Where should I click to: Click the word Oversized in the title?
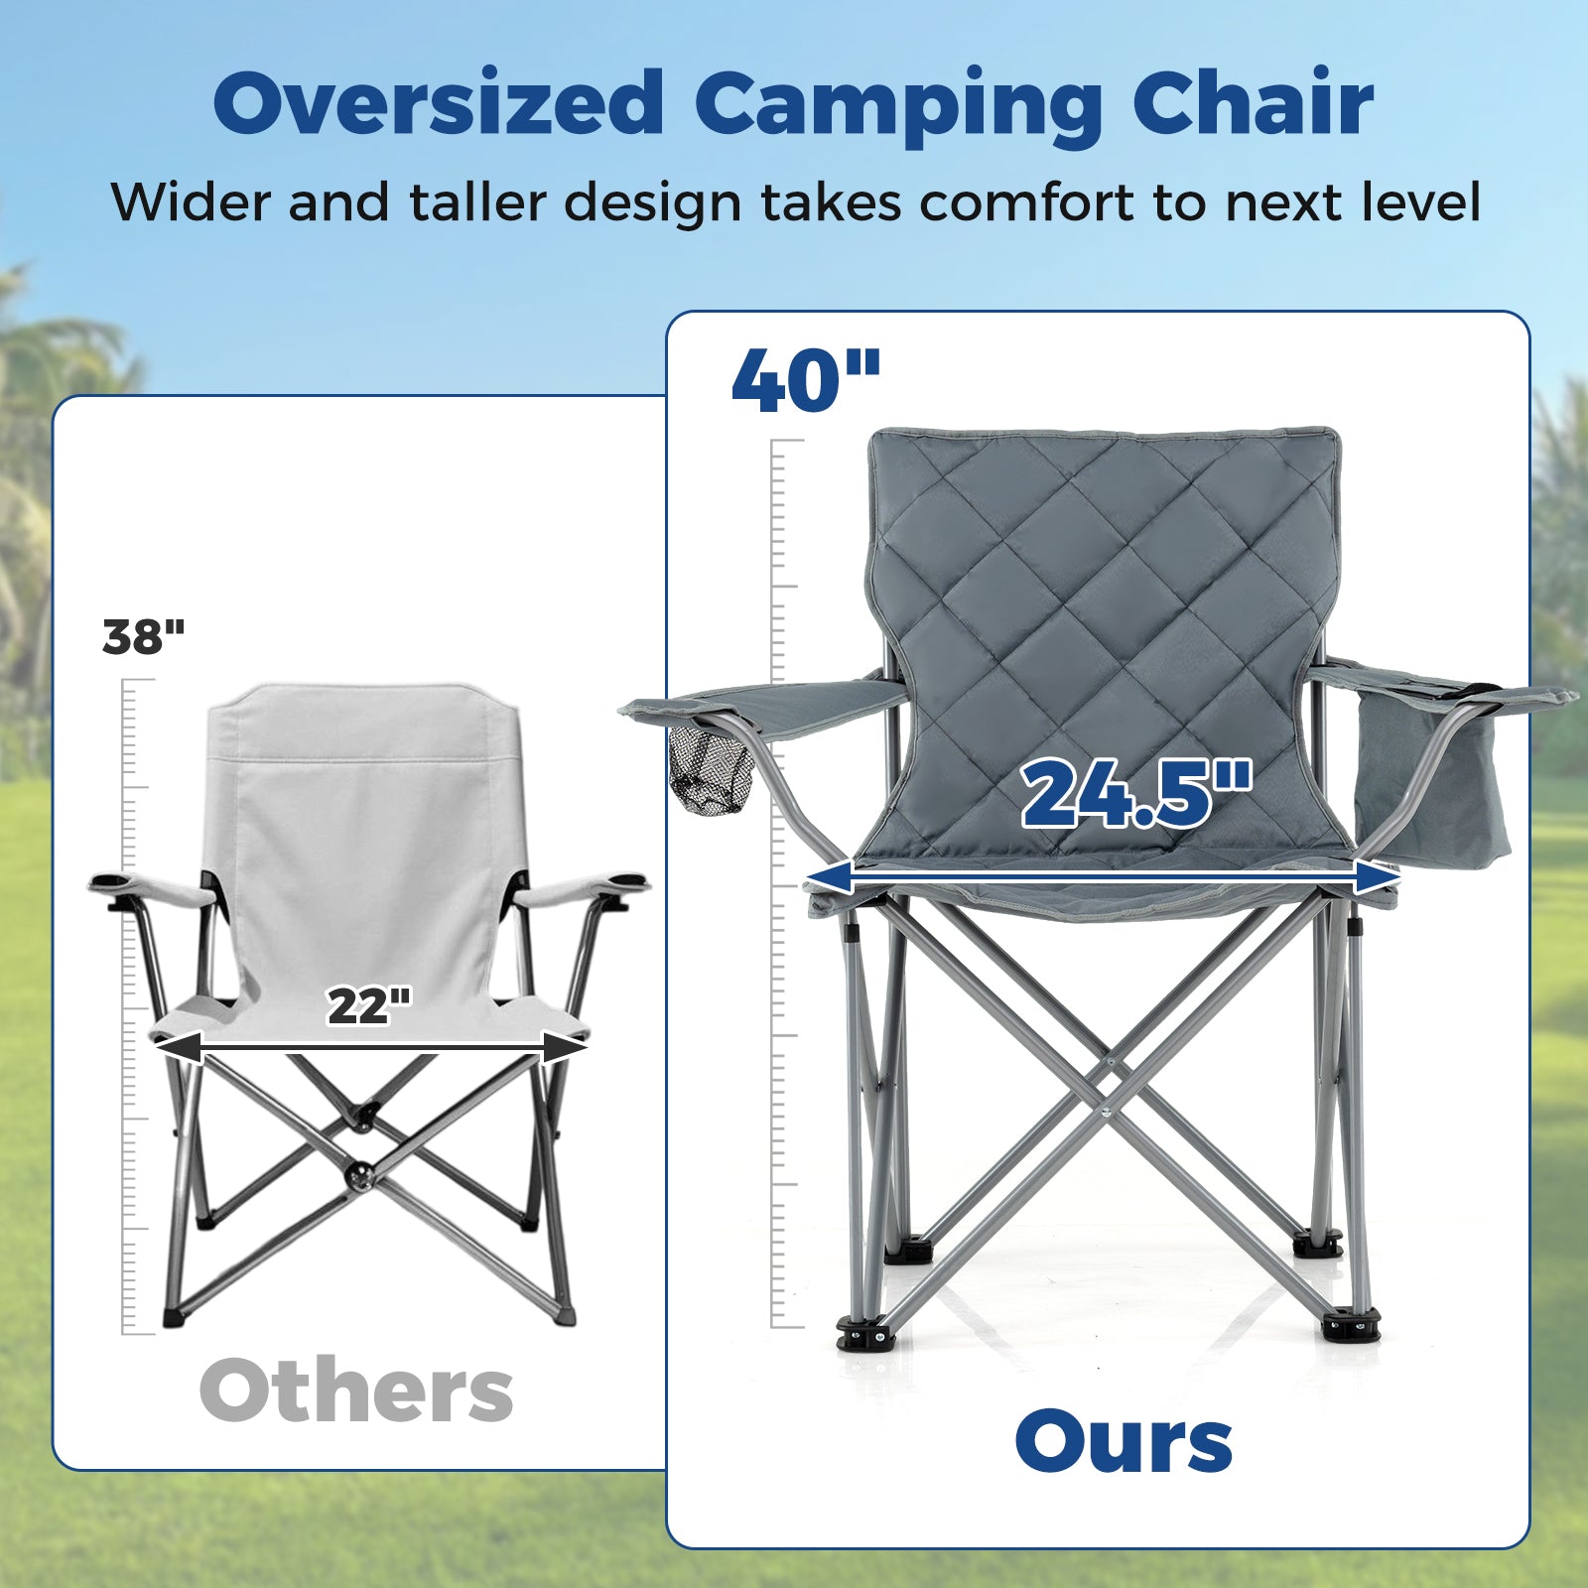[x=437, y=104]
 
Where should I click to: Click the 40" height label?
[x=805, y=382]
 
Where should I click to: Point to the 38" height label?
[x=144, y=636]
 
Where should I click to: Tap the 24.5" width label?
[x=1136, y=793]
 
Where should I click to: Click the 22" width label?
[x=369, y=1006]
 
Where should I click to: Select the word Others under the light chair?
[x=356, y=1390]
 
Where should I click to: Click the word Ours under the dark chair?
[x=1124, y=1442]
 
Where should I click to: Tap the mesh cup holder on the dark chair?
[x=711, y=773]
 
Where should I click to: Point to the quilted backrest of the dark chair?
[x=1102, y=595]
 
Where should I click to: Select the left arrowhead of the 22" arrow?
[x=179, y=1047]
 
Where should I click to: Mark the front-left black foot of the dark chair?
[x=865, y=1333]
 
